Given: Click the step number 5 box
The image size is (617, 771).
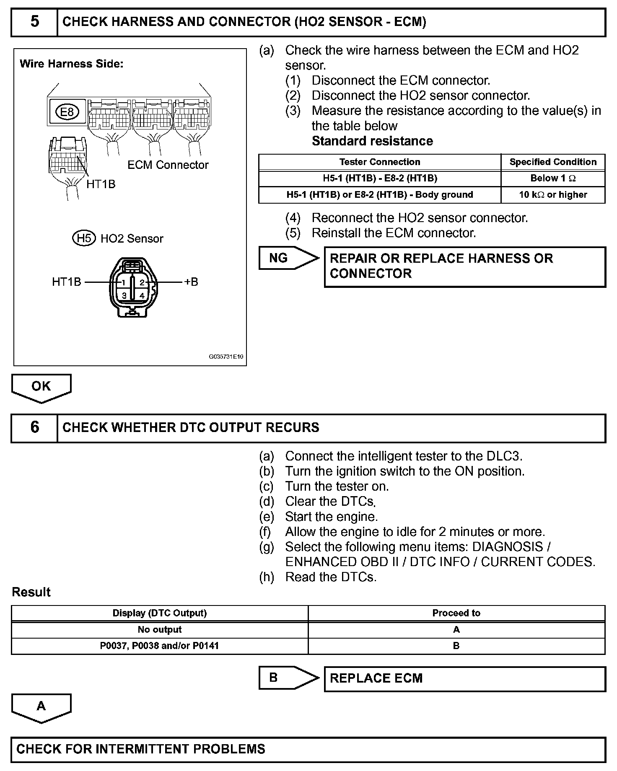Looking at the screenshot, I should click(x=34, y=22).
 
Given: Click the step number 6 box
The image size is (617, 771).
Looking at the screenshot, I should click(x=34, y=428).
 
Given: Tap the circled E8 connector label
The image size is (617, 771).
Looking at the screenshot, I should click(x=67, y=112).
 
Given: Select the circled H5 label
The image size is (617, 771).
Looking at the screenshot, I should click(x=84, y=238).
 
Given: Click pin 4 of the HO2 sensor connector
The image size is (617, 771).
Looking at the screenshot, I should click(x=142, y=295).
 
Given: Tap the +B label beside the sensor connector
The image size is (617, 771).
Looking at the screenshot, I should click(x=191, y=282).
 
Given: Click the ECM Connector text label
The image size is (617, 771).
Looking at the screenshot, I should click(x=168, y=165).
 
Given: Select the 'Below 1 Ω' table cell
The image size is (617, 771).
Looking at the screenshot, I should click(x=553, y=179).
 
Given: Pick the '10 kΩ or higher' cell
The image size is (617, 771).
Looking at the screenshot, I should click(x=553, y=195).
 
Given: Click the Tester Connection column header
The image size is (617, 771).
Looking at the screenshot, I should click(x=380, y=162).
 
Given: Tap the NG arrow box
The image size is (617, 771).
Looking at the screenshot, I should click(x=287, y=258).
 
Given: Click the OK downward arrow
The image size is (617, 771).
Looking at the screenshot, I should click(x=41, y=388).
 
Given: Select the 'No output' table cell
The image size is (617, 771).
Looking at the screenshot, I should click(x=160, y=630).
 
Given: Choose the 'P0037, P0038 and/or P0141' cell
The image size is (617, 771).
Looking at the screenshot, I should click(x=160, y=646).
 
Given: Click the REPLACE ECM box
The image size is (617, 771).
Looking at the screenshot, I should click(x=464, y=678).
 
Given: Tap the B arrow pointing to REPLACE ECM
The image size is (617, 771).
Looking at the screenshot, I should click(x=287, y=678).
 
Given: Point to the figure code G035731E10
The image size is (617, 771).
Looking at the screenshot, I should click(x=226, y=357).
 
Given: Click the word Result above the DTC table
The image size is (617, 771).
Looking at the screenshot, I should click(x=31, y=592).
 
